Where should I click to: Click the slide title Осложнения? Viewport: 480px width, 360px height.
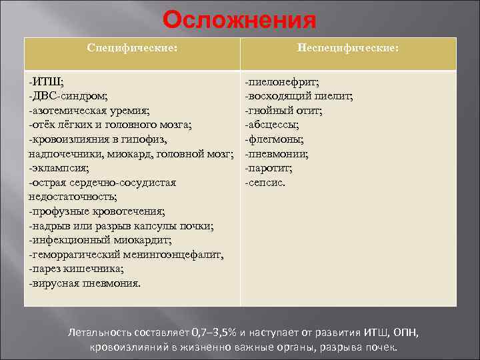click(239, 20)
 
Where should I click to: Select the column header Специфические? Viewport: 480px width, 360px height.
click(133, 49)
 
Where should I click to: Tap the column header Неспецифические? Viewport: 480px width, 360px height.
click(348, 49)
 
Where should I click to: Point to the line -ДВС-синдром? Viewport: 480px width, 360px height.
click(68, 96)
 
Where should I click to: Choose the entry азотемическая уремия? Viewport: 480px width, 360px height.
click(89, 110)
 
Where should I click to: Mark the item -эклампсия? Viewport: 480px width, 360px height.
click(59, 168)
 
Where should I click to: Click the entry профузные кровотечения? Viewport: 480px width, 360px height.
click(96, 211)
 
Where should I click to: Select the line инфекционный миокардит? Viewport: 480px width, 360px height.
click(100, 240)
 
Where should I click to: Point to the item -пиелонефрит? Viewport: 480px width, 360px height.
click(281, 81)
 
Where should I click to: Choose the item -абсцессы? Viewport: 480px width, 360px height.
click(271, 125)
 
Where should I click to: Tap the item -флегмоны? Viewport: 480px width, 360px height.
click(274, 139)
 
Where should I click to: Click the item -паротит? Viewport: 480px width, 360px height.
click(268, 168)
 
